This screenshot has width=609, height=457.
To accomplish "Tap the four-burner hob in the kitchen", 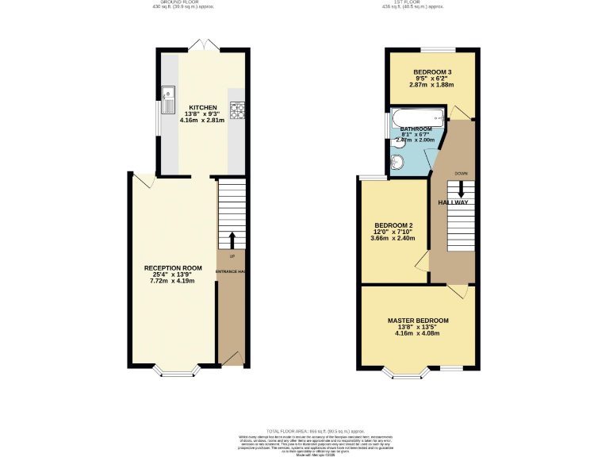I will pyautogui.click(x=236, y=109).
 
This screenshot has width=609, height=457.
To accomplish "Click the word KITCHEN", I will pyautogui.click(x=202, y=107).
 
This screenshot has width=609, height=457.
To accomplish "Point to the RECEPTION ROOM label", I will pyautogui.click(x=173, y=268).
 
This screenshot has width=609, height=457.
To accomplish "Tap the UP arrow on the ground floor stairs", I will pyautogui.click(x=232, y=240).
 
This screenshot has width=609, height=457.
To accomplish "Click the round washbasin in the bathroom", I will pyautogui.click(x=396, y=163).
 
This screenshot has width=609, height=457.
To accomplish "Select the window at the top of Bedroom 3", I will pyautogui.click(x=432, y=50).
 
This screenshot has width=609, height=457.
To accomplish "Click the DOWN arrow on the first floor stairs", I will pyautogui.click(x=461, y=190).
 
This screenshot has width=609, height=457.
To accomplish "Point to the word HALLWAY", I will pyautogui.click(x=453, y=203).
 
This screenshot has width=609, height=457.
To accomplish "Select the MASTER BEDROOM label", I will pyautogui.click(x=418, y=321).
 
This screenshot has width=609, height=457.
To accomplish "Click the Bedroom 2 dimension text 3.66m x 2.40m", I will pyautogui.click(x=394, y=238).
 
